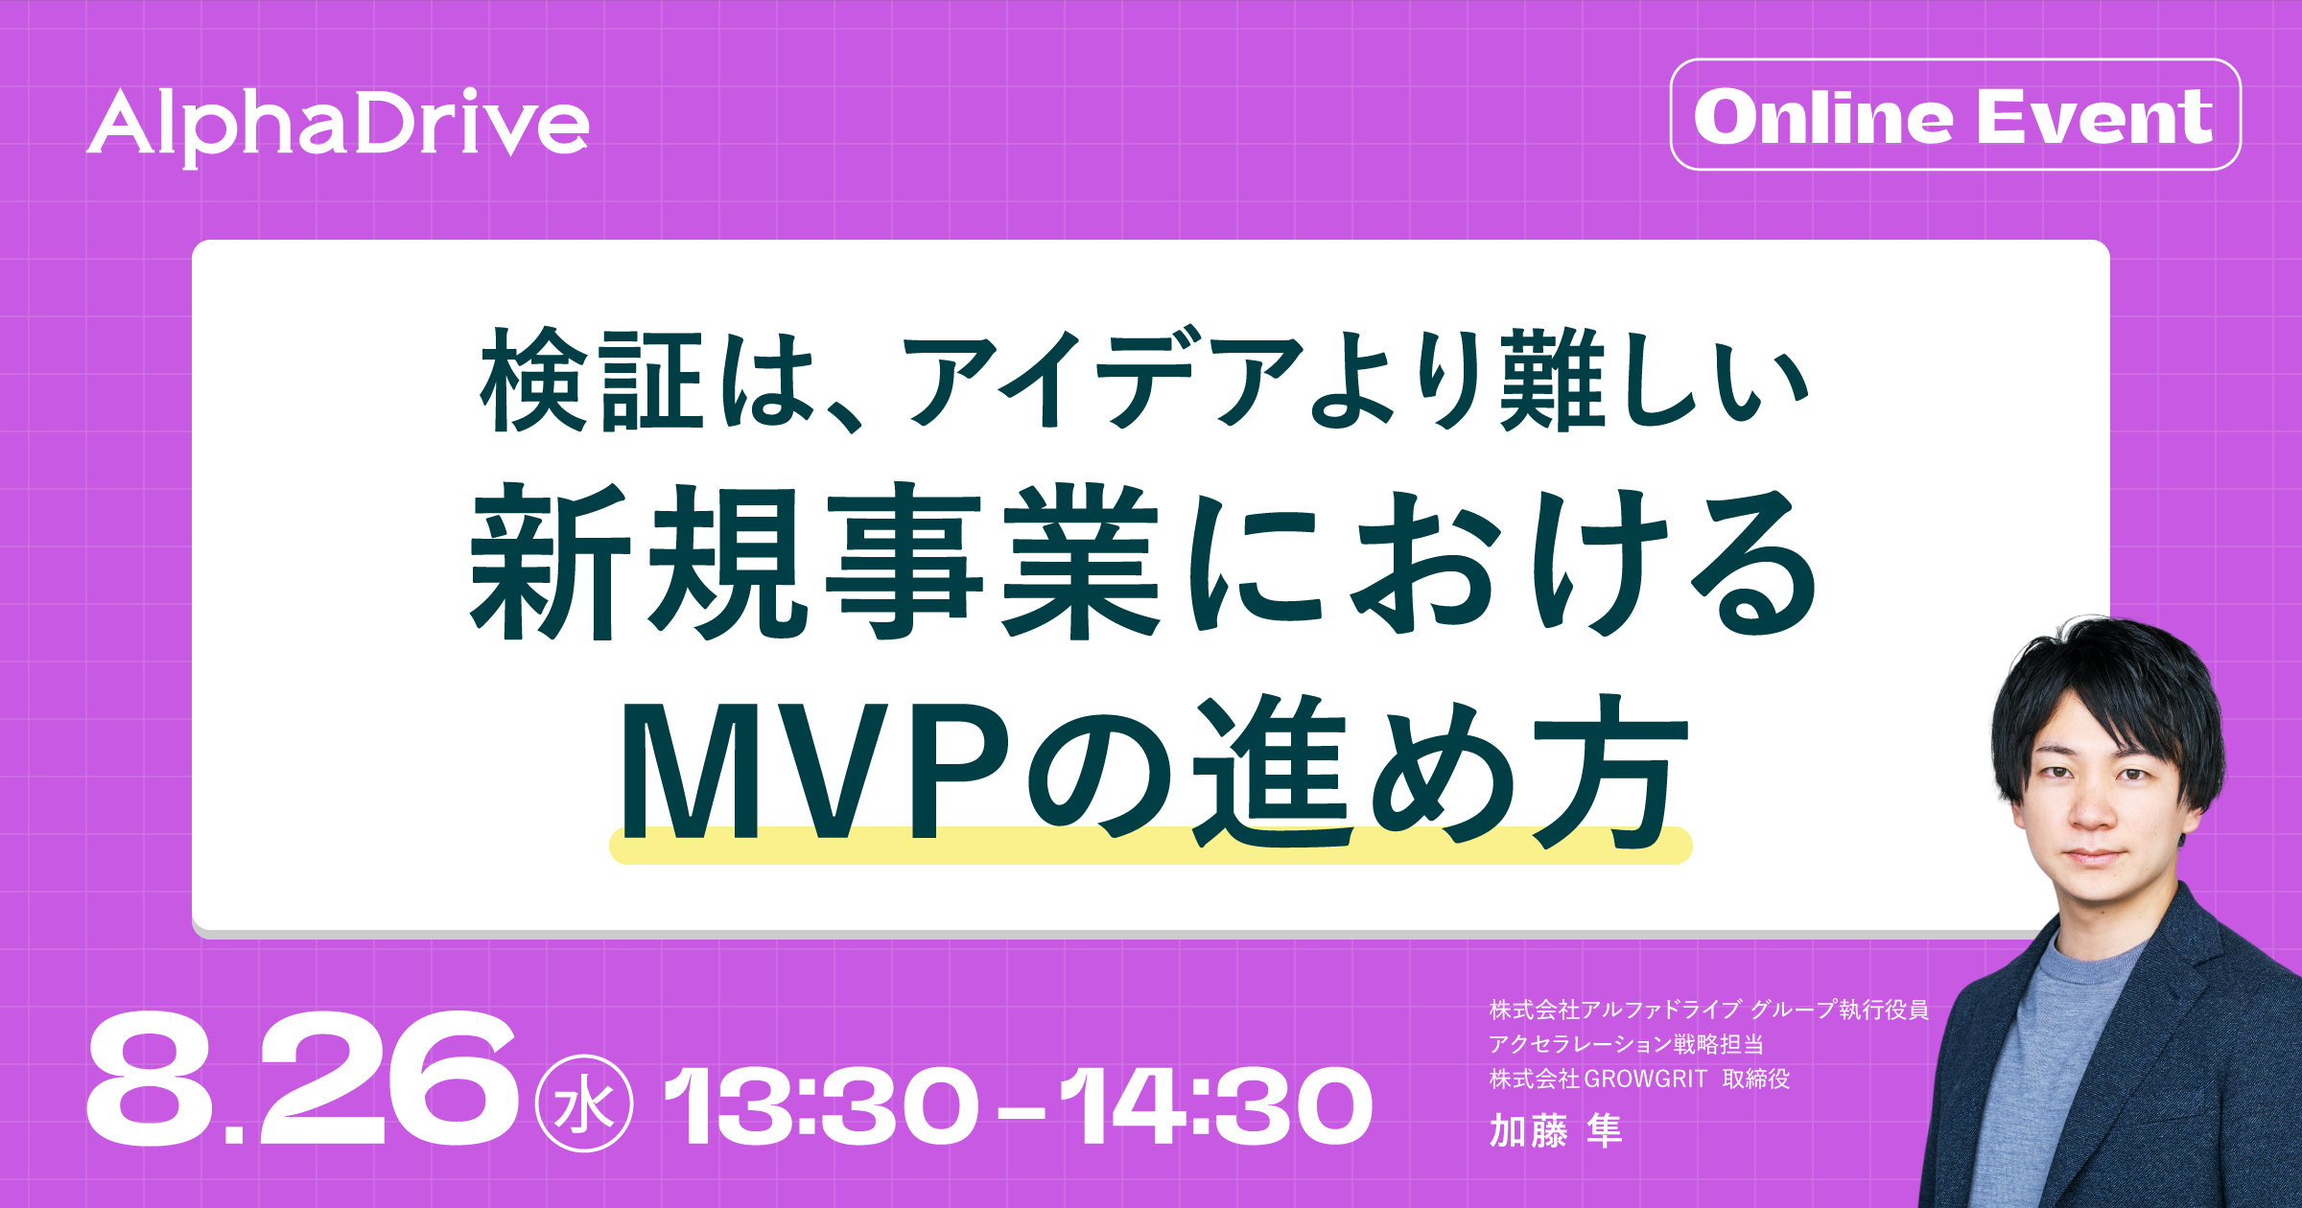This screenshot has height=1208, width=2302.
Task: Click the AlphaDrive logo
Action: [x=338, y=128]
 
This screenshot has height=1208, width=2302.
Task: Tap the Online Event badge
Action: [x=1956, y=115]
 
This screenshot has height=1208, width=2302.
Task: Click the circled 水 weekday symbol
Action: [x=583, y=1104]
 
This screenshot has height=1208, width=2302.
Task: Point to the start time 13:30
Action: [x=821, y=1106]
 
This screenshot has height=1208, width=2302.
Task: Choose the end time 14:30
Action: [x=1216, y=1106]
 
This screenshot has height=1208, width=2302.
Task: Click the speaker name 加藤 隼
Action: [x=1555, y=1130]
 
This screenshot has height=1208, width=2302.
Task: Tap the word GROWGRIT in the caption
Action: [x=1645, y=1079]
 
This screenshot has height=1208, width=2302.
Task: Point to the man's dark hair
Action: [x=2110, y=690]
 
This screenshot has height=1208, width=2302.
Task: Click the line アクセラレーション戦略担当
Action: [x=1626, y=1044]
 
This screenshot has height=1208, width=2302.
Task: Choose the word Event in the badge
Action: [x=2095, y=117]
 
